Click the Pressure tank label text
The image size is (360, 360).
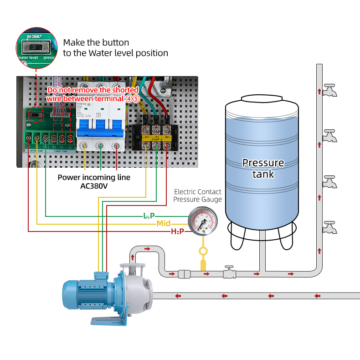pyautogui.click(x=263, y=168)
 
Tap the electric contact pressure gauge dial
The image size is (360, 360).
pyautogui.click(x=203, y=221)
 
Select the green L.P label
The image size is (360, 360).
pyautogui.click(x=149, y=215)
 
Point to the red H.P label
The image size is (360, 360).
pyautogui.click(x=177, y=231)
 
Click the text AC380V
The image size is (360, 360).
pyautogui.click(x=93, y=186)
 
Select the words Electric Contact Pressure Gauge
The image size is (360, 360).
pyautogui.click(x=198, y=196)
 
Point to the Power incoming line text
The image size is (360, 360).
pyautogui.click(x=93, y=177)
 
